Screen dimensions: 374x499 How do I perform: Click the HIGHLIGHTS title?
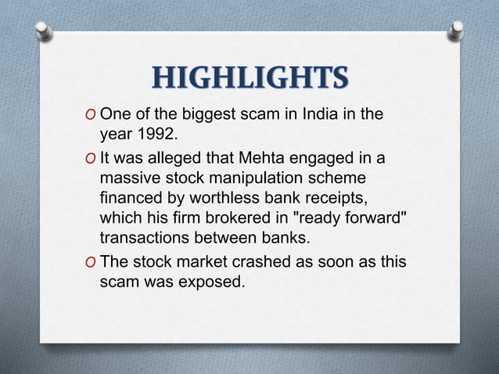click(250, 77)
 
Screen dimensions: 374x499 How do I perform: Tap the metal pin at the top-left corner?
click(45, 31)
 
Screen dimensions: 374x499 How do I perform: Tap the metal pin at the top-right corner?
click(457, 30)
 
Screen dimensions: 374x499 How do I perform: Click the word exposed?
click(212, 282)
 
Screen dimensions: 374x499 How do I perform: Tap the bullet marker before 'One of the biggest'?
click(92, 115)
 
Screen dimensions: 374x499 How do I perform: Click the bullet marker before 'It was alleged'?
click(92, 160)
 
